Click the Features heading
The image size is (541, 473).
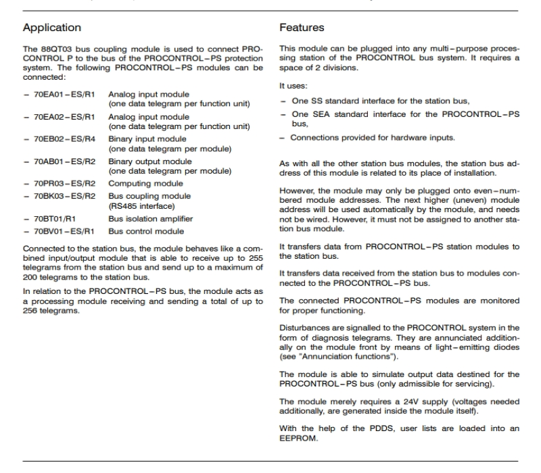(302, 28)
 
